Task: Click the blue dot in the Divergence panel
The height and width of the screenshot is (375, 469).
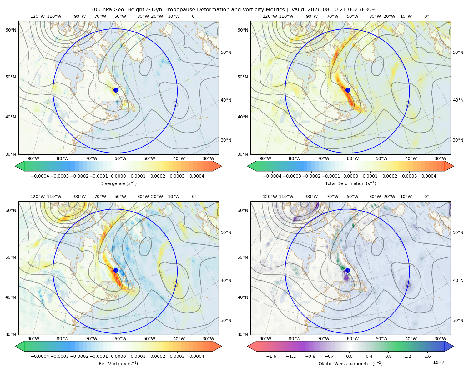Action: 116,90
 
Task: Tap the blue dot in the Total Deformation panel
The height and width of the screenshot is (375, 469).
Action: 348,90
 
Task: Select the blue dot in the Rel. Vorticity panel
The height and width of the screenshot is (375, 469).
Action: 116,270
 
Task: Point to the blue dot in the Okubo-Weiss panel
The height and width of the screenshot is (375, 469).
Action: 348,270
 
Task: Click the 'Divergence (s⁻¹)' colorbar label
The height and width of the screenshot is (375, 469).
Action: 118,183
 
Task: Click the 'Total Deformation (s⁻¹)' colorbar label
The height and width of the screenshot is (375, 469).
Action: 350,183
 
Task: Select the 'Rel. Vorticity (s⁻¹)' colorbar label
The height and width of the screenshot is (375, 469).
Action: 118,364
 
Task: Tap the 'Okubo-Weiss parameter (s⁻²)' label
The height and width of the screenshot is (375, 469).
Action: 350,364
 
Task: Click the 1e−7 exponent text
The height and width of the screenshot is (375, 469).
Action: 438,362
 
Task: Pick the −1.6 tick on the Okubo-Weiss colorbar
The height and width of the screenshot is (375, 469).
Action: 271,356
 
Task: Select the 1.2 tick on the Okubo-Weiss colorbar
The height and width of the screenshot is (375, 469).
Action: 408,356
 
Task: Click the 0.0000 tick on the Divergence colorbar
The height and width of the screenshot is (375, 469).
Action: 118,176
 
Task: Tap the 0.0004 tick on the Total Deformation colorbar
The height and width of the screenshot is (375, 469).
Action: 429,176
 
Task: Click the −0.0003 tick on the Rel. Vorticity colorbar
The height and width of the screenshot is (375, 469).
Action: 59,356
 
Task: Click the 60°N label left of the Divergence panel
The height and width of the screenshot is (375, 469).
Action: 11,30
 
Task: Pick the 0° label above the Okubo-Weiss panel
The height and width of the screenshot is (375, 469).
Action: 426,197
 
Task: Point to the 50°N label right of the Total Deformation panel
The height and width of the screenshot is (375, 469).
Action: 458,52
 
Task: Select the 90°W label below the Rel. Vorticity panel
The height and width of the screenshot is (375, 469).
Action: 33,339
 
